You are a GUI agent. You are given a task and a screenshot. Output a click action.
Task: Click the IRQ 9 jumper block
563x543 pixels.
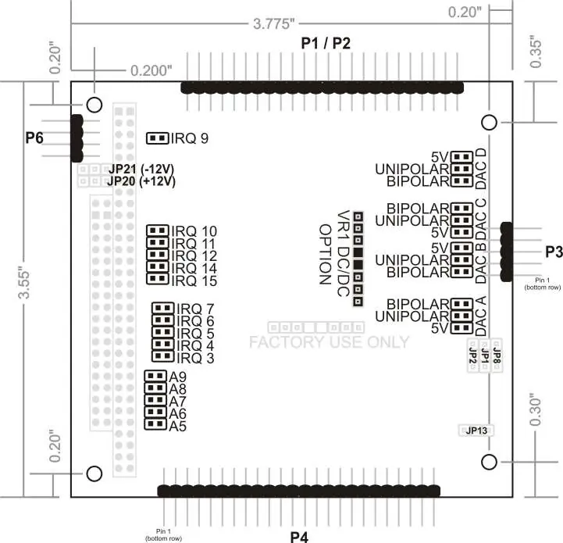157,138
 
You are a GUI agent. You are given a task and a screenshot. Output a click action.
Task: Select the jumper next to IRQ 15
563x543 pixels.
157,278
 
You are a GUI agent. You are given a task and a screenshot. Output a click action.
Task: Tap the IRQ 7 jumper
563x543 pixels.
163,308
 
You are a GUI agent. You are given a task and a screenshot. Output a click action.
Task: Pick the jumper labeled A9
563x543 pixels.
155,376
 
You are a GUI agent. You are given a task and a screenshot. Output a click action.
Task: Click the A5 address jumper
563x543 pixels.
155,424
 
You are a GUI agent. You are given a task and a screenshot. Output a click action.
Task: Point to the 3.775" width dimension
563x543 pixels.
273,24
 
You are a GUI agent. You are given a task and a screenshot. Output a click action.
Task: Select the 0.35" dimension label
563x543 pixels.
535,52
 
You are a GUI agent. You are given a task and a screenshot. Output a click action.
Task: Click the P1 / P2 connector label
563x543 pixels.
326,43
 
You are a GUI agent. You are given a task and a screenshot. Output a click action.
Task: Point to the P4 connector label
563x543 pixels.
299,537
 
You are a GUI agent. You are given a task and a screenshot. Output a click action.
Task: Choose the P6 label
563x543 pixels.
34,138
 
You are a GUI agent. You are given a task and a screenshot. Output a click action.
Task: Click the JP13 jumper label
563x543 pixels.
476,430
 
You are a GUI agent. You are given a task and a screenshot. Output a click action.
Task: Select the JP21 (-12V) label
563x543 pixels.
141,169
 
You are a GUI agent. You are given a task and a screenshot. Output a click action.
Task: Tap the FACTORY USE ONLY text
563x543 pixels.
330,341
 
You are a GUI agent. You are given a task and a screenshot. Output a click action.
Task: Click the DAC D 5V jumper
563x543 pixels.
461,157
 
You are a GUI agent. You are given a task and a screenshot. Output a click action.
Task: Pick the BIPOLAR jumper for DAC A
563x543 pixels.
461,304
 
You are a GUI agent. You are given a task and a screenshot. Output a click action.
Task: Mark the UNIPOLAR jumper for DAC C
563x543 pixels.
461,220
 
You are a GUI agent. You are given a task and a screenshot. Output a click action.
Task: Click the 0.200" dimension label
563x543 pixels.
151,70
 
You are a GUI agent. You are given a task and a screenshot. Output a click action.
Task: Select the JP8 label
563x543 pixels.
497,356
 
